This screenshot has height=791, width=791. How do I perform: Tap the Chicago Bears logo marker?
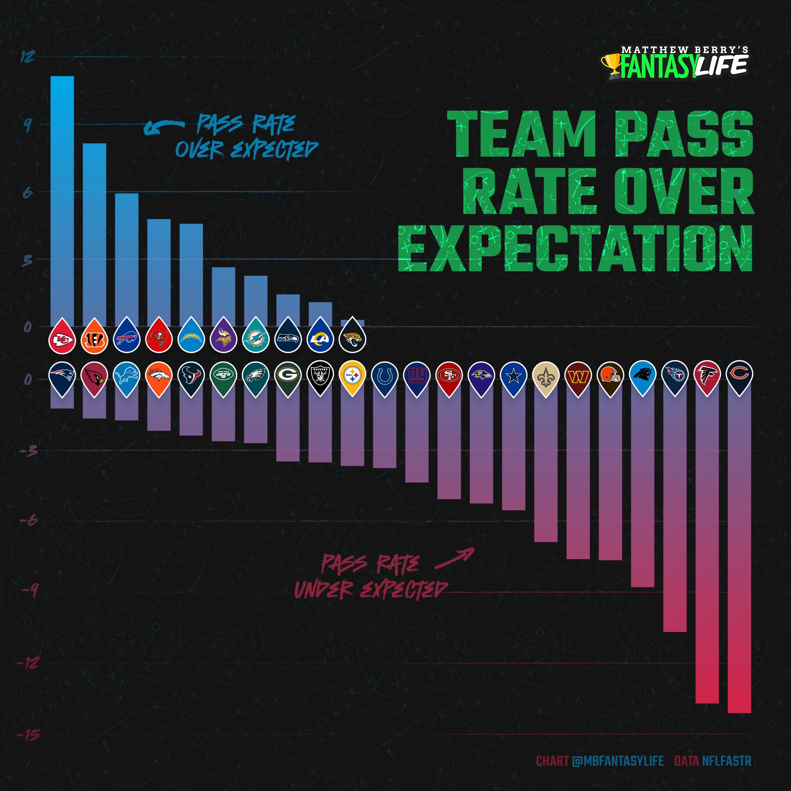click(x=740, y=373)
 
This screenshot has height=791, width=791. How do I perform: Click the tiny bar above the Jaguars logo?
click(x=352, y=323)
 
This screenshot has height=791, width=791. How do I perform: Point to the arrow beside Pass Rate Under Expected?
click(x=454, y=559)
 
